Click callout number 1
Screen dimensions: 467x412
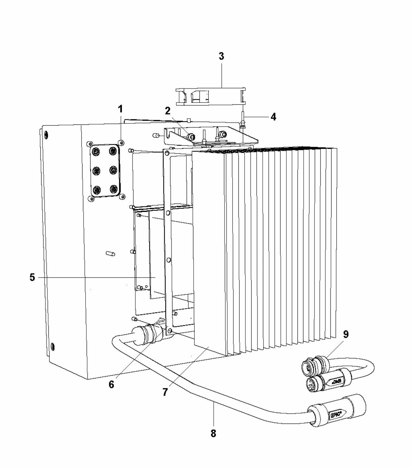(x=120, y=109)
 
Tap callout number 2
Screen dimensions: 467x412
(x=167, y=111)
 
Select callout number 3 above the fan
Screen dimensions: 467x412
(x=221, y=56)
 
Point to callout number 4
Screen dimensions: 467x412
(x=274, y=117)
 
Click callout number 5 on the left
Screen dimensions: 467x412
(x=32, y=277)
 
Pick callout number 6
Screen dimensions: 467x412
(x=111, y=384)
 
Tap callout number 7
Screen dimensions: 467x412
(x=165, y=392)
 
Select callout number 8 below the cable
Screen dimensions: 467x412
(x=213, y=433)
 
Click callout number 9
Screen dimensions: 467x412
(x=345, y=334)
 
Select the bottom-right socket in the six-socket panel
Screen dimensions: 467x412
(x=113, y=190)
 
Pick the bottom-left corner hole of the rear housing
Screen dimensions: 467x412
(x=52, y=347)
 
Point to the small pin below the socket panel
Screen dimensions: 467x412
(x=111, y=253)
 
